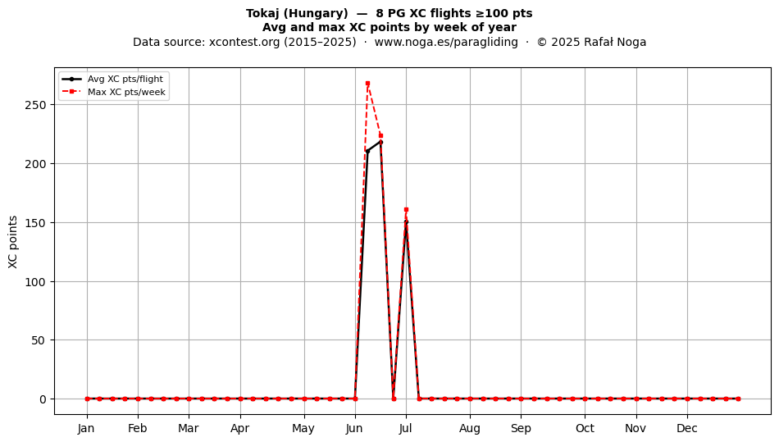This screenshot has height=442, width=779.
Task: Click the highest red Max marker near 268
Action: [367, 84]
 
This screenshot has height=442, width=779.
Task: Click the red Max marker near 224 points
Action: [380, 135]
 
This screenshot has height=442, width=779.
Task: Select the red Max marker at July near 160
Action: [406, 210]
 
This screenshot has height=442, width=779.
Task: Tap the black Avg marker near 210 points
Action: [367, 151]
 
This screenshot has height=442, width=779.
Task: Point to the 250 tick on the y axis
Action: [35, 105]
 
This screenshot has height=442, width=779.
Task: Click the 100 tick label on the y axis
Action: [35, 281]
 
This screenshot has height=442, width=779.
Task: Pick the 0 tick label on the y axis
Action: [43, 399]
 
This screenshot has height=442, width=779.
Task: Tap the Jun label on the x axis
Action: [355, 428]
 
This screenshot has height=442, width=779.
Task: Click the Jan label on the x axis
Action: [86, 428]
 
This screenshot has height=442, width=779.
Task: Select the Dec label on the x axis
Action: [687, 428]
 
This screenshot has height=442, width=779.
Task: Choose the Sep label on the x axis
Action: [521, 428]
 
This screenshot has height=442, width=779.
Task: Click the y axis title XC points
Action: [13, 242]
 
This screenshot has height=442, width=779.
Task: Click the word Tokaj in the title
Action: [262, 13]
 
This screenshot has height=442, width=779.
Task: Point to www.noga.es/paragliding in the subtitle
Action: [446, 42]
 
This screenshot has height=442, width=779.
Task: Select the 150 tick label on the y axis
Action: [35, 222]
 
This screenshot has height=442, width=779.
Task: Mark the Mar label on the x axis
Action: [189, 428]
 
